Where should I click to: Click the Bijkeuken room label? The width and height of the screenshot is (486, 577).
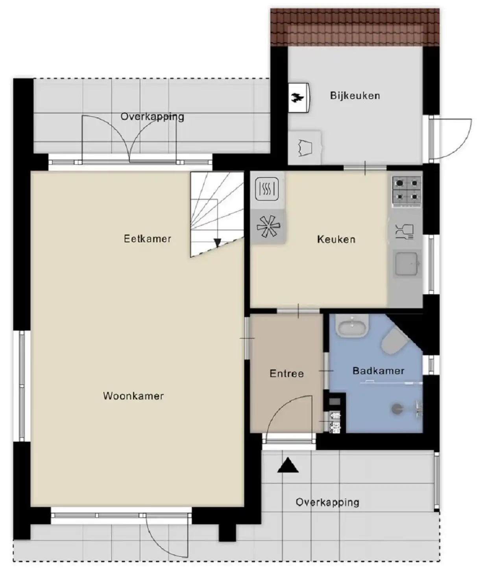[x=355, y=96]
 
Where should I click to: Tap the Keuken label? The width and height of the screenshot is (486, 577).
[x=336, y=239]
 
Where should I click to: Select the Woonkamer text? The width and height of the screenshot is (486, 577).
[x=133, y=396]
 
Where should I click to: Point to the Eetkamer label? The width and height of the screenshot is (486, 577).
[x=147, y=239]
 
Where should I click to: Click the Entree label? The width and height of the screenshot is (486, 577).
[x=286, y=374]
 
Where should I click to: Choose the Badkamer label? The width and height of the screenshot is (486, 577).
[x=379, y=371]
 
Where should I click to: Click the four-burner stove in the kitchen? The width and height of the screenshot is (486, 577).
[x=407, y=190]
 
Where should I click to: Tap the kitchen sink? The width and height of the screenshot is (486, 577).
[x=407, y=264]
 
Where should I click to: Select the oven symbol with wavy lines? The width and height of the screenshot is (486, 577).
[x=267, y=189]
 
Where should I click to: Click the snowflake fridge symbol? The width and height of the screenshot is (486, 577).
[x=268, y=227]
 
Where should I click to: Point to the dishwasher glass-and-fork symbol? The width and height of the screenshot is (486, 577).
[x=405, y=232]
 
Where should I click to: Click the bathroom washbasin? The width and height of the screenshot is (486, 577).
[x=353, y=326]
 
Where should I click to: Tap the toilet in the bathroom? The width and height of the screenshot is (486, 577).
[x=394, y=341]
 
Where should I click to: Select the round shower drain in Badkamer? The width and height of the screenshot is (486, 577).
[x=397, y=409]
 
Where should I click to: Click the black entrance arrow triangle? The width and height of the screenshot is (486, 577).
[x=288, y=465]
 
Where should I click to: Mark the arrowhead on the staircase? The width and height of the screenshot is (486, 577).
[x=218, y=243]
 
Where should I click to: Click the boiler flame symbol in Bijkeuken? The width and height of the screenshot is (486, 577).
[x=298, y=98]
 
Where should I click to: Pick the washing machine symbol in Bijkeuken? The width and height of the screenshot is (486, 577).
[x=305, y=148]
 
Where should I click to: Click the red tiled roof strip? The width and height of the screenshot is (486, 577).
[x=355, y=27]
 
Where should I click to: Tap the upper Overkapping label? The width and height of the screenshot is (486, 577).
[x=152, y=116]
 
